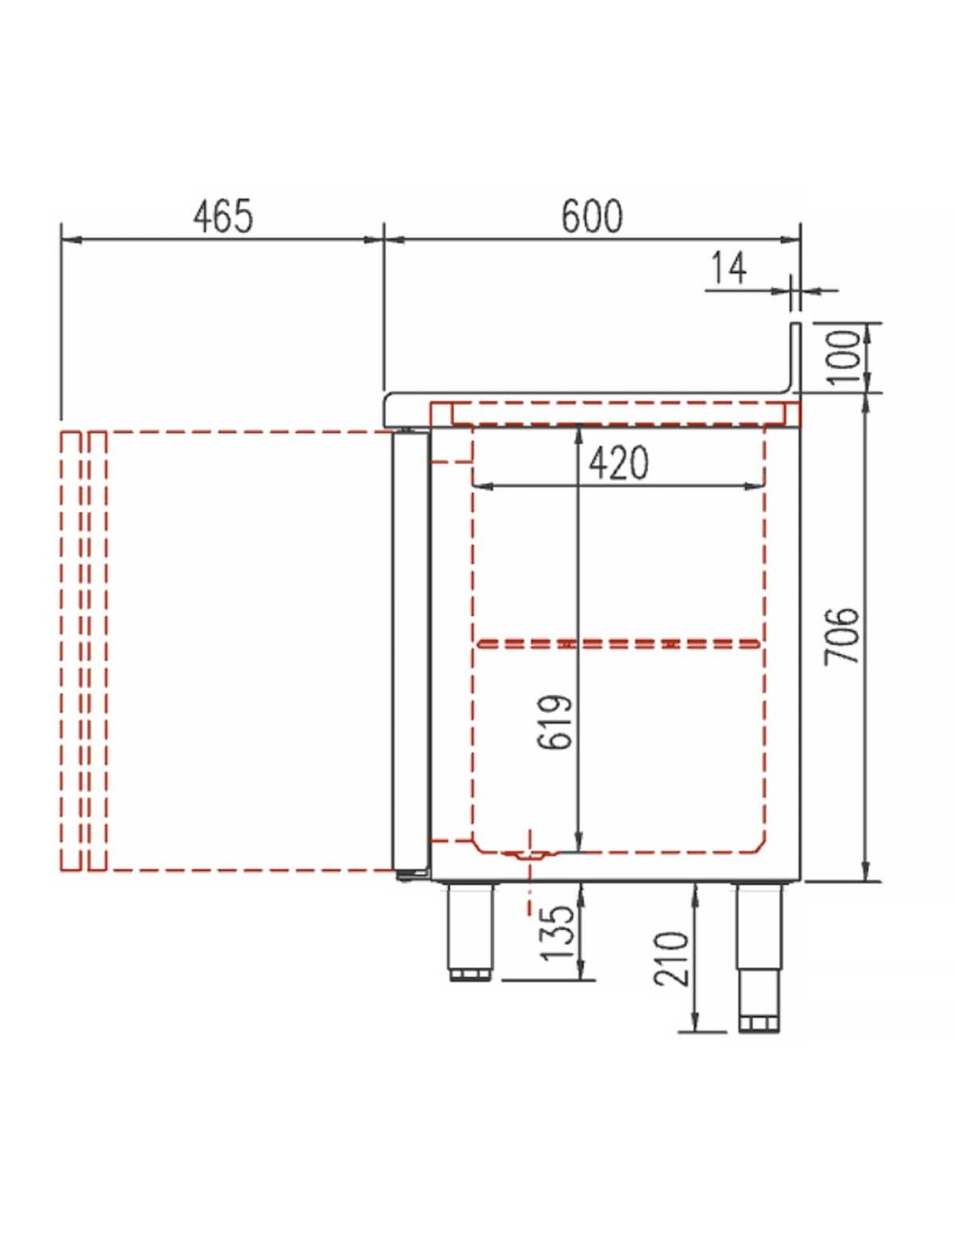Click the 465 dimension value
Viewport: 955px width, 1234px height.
[x=222, y=217]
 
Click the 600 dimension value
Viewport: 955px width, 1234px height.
[x=592, y=217]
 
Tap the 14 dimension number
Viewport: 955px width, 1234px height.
[x=728, y=269]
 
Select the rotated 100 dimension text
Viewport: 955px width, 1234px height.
[x=846, y=357]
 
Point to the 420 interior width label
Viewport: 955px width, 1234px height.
[x=618, y=463]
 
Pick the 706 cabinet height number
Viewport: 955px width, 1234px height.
[x=840, y=635]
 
